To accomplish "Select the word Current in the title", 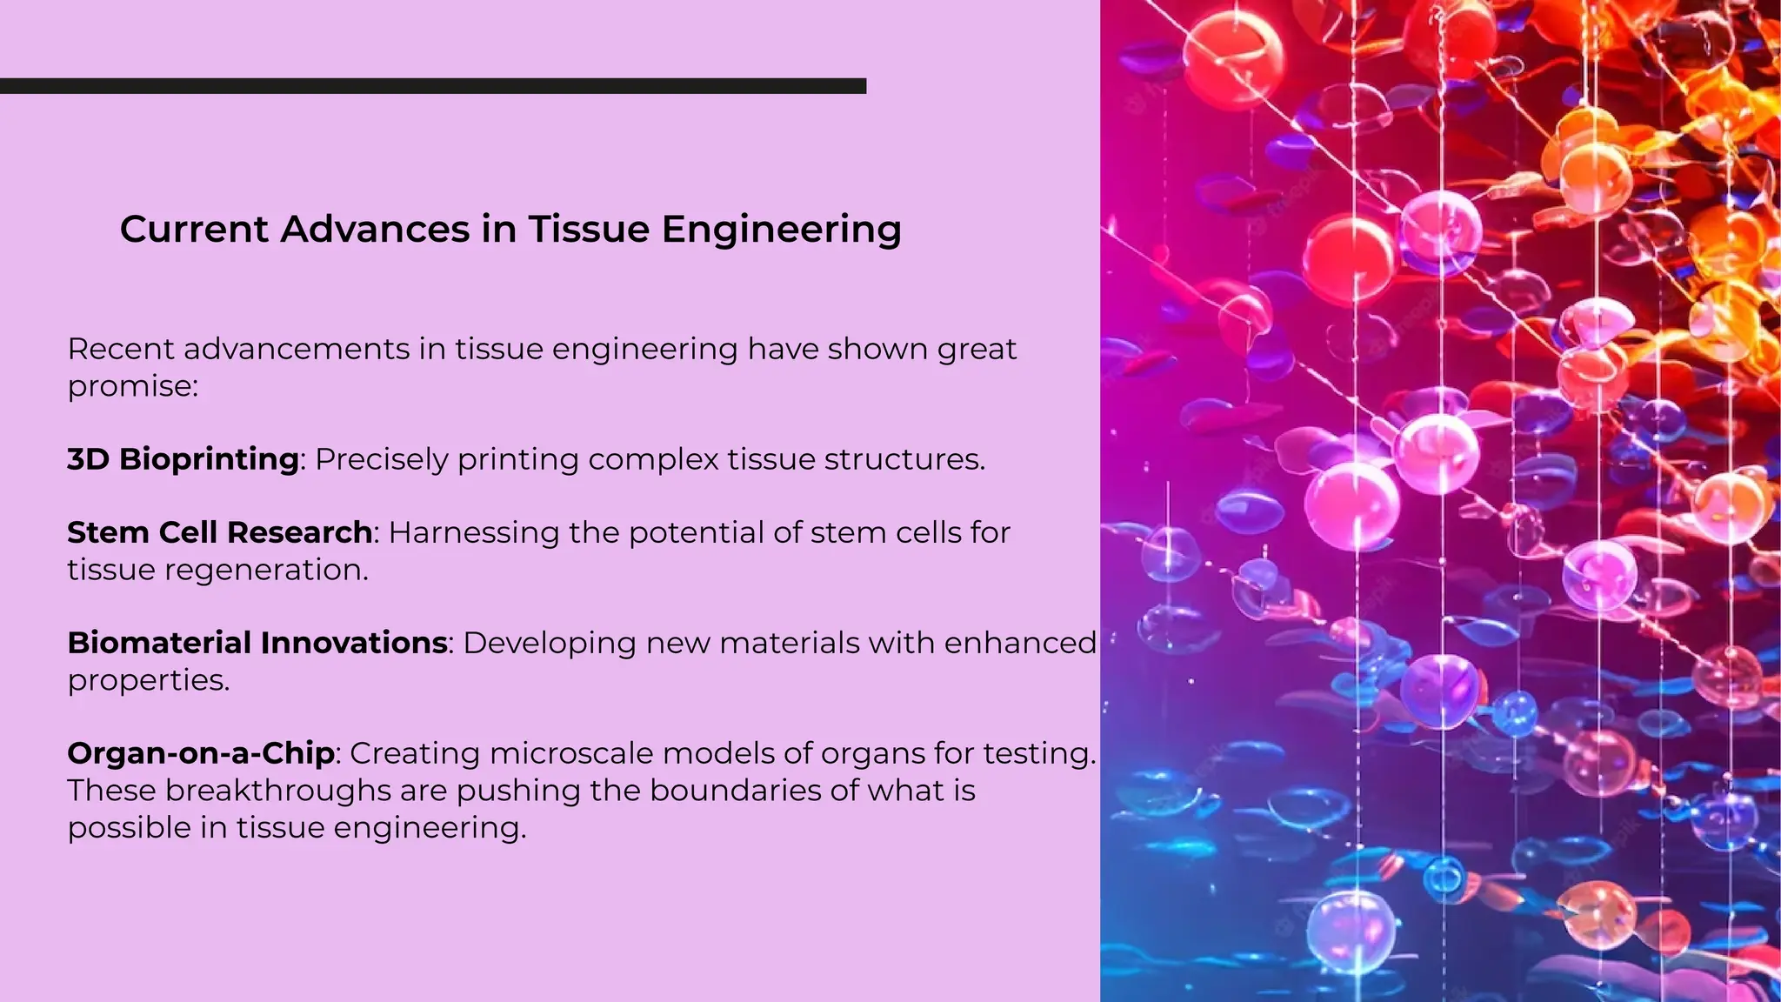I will tap(195, 230).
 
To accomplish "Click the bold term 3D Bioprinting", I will tap(183, 459).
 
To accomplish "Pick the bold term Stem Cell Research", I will tap(220, 532).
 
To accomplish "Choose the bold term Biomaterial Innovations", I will tap(257, 643).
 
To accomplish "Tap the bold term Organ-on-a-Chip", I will tap(201, 753).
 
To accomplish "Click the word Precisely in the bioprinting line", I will tap(381, 460).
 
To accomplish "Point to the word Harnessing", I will tap(473, 533).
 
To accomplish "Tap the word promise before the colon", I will tap(130, 387).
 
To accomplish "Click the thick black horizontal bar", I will tap(433, 86).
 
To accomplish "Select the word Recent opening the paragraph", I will tap(121, 350).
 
